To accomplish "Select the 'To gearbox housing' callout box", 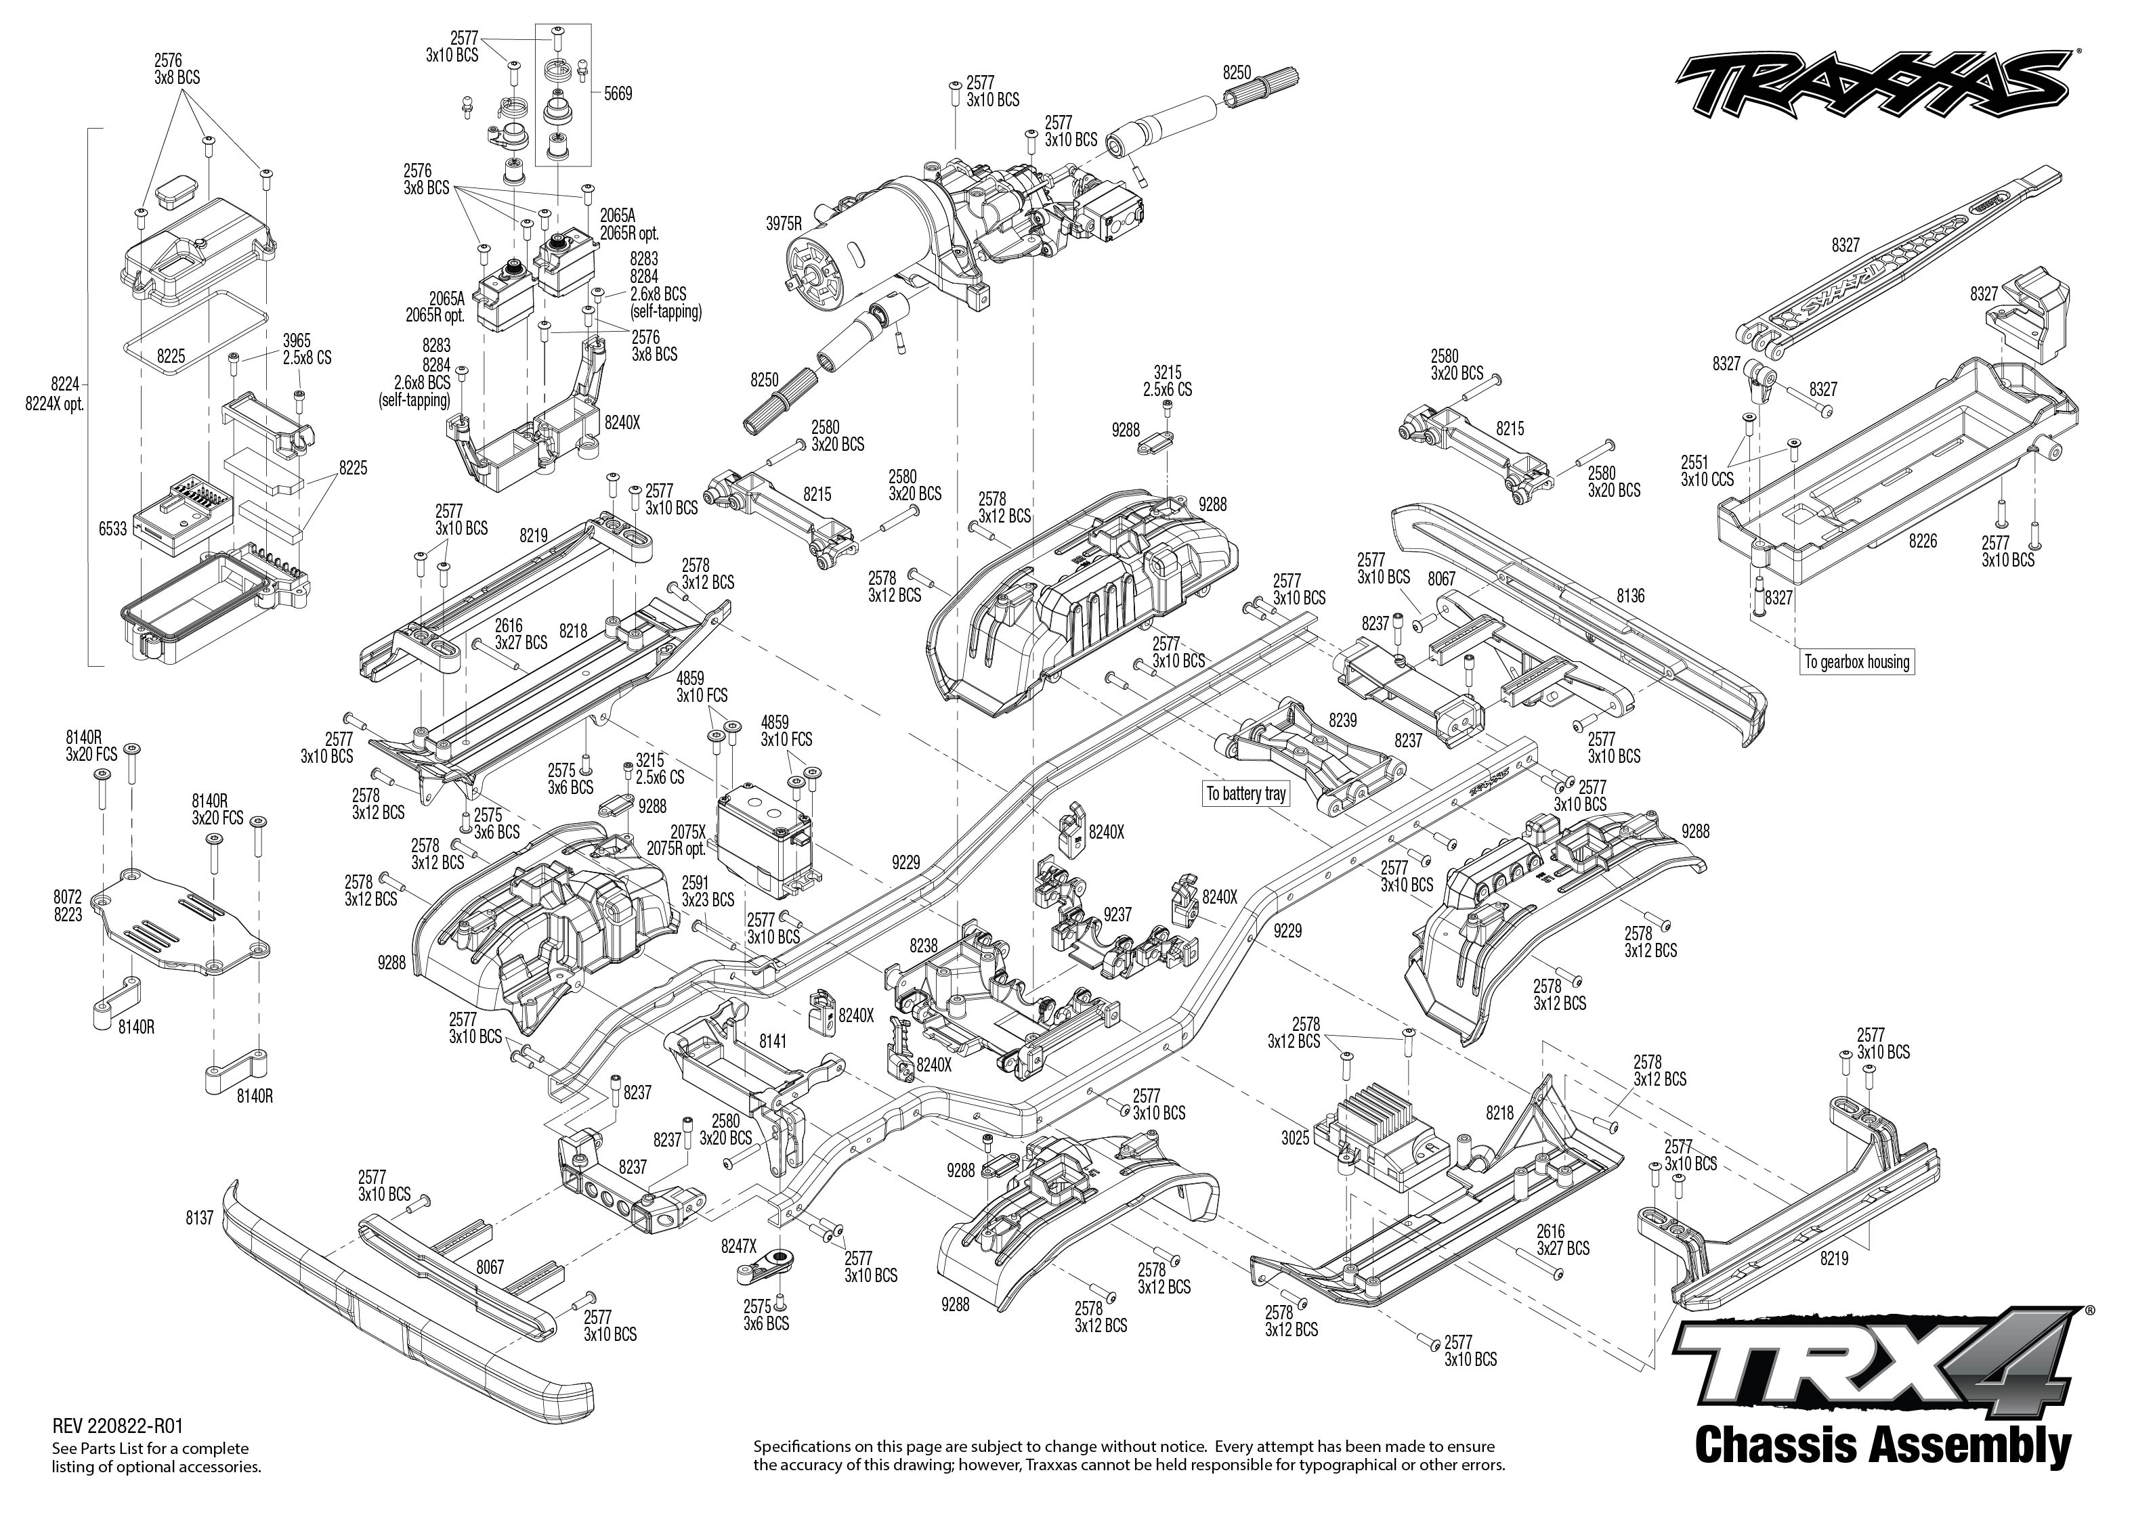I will coord(1856,662).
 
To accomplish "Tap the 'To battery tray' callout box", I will coord(1245,793).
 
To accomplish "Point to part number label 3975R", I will coord(784,223).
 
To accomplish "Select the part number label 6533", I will coord(112,529).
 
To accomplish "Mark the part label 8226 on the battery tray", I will coord(1922,541).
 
